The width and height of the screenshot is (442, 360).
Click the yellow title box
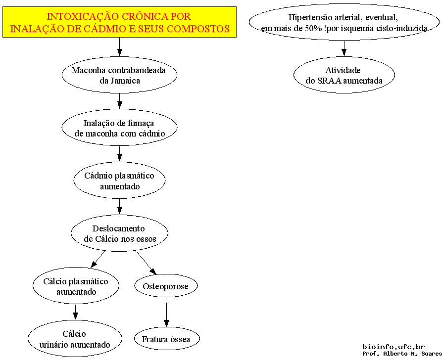pyautogui.click(x=119, y=22)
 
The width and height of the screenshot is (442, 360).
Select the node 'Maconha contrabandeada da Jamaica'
pyautogui.click(x=119, y=75)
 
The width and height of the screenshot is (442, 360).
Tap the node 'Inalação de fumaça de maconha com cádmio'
pyautogui.click(x=119, y=127)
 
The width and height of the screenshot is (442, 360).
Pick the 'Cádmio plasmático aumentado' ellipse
pyautogui.click(x=119, y=180)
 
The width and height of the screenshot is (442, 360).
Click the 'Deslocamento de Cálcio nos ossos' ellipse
pyautogui.click(x=119, y=233)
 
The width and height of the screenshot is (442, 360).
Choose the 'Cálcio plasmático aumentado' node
pyautogui.click(x=76, y=286)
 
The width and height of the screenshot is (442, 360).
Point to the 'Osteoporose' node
pyautogui.click(x=166, y=286)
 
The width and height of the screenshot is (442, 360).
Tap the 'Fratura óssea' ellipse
pyautogui.click(x=167, y=339)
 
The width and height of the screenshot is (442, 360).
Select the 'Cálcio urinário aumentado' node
pyautogui.click(x=75, y=339)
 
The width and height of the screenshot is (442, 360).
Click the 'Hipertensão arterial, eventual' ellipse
pyautogui.click(x=344, y=22)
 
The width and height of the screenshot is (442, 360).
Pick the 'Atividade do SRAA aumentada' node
pyautogui.click(x=344, y=75)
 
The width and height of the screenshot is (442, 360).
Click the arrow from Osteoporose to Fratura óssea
pyautogui.click(x=166, y=312)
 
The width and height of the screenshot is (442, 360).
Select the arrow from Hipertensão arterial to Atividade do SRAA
pyautogui.click(x=344, y=48)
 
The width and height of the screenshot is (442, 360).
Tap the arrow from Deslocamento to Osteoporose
pyautogui.click(x=146, y=263)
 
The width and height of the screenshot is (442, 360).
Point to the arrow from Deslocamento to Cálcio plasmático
pyautogui.click(x=98, y=260)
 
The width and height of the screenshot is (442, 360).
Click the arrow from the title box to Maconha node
pyautogui.click(x=119, y=47)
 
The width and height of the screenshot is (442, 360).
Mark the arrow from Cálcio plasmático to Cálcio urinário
pyautogui.click(x=75, y=312)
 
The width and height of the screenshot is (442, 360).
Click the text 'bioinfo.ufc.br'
pyautogui.click(x=393, y=347)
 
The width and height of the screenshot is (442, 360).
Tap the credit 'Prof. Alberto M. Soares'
pyautogui.click(x=402, y=354)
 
